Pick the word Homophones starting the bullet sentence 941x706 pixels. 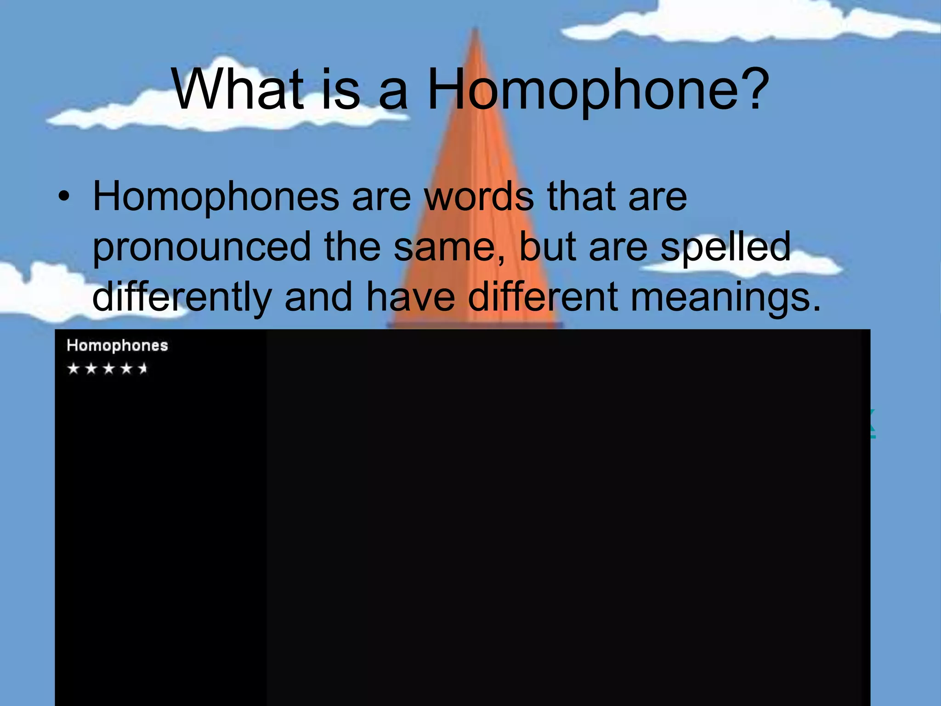click(216, 197)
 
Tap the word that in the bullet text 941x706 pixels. click(582, 197)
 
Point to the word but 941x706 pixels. click(547, 247)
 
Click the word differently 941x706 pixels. click(182, 298)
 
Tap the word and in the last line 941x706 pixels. click(319, 297)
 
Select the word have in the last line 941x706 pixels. click(411, 297)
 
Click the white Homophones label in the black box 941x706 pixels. click(117, 346)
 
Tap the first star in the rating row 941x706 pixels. click(74, 369)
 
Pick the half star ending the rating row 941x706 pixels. click(143, 369)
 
